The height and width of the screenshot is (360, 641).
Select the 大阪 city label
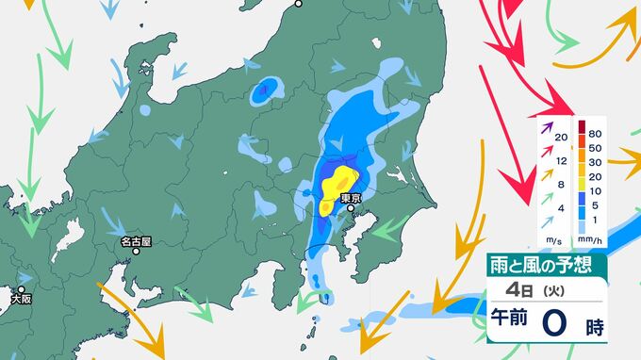21,299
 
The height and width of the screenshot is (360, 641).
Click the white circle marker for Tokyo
351,209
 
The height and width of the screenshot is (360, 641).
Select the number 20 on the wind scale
562,138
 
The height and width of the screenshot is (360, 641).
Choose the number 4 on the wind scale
562,206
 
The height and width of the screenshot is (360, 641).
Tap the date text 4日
515,289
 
